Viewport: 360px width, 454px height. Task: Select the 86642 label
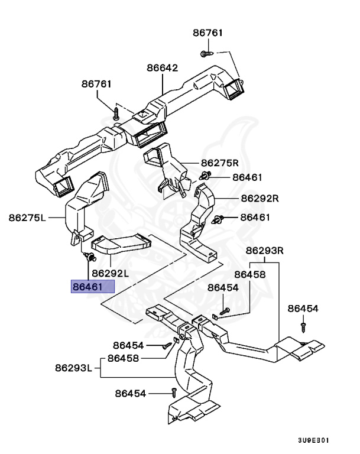click(163, 68)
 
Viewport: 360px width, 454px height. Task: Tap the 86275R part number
click(219, 163)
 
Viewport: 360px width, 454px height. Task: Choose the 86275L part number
click(27, 217)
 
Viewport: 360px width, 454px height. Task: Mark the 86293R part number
click(265, 250)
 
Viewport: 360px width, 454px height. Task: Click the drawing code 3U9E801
click(313, 440)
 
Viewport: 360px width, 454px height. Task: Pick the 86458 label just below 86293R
click(249, 274)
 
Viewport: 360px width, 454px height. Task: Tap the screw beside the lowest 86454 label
click(174, 392)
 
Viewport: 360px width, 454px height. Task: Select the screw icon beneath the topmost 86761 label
click(206, 54)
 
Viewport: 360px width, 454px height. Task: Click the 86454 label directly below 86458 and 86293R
click(223, 287)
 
